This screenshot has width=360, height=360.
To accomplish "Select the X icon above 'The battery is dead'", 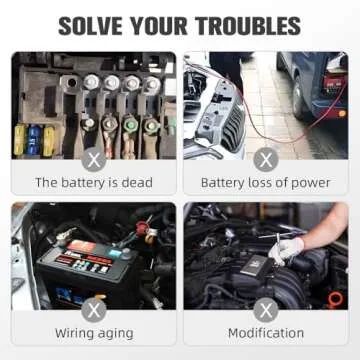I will coord(93,158).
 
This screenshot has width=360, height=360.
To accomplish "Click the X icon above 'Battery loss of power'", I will coord(266,158).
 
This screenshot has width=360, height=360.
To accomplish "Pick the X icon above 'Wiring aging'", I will coord(93,308).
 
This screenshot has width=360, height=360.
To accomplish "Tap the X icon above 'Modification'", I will coord(266,308).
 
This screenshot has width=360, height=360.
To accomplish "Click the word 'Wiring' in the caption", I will coord(73,333).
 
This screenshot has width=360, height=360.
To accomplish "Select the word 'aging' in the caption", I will coord(116,333).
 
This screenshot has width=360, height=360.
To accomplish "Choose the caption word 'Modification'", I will coord(266,333).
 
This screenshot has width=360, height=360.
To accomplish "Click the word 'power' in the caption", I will coord(311,183).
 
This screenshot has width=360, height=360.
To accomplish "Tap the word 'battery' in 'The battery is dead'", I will coord(87,183).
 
